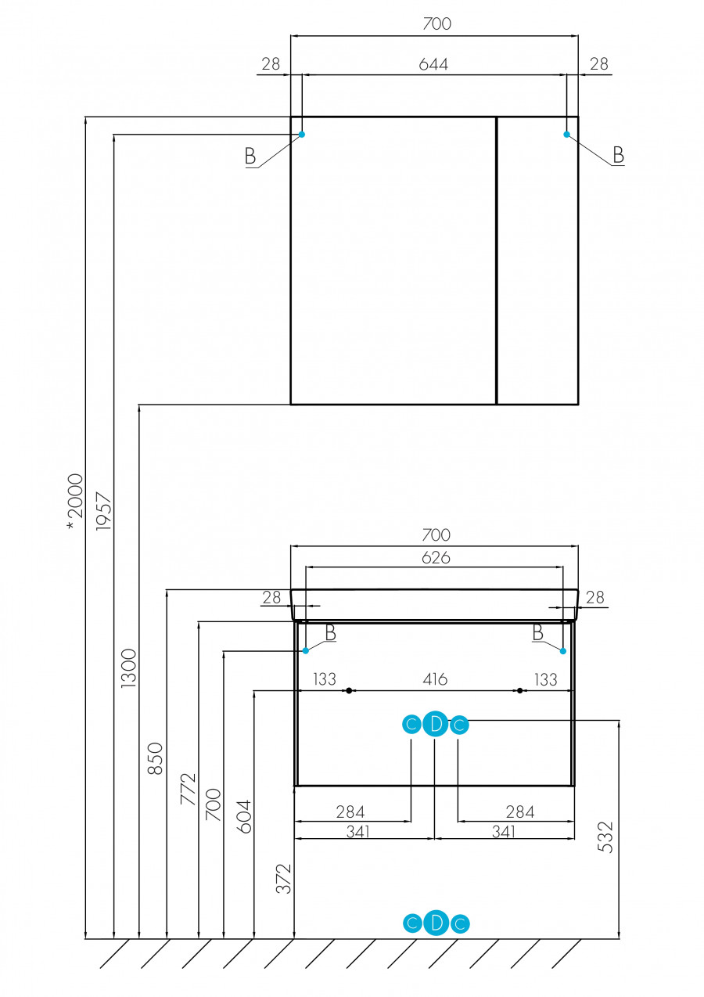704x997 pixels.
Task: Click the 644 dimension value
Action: pos(433,64)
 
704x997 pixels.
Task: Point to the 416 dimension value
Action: pos(435,679)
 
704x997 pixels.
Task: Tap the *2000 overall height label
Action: pos(75,501)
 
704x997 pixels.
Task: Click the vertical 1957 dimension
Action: pos(104,513)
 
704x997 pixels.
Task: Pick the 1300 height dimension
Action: pos(128,668)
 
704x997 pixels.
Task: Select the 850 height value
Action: pos(156,758)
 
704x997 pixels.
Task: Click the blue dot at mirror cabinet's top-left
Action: pos(302,135)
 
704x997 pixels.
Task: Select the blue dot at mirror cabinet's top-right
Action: pos(566,135)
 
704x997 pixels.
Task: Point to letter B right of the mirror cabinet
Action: pos(618,155)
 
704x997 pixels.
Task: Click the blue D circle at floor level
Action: pos(436,923)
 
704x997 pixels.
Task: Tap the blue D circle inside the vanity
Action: pos(436,725)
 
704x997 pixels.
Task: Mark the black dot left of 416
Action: pos(349,691)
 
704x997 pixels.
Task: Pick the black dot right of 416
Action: pos(519,691)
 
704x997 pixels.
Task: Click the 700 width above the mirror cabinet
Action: pos(436,23)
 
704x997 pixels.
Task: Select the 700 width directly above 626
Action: pos(436,535)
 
